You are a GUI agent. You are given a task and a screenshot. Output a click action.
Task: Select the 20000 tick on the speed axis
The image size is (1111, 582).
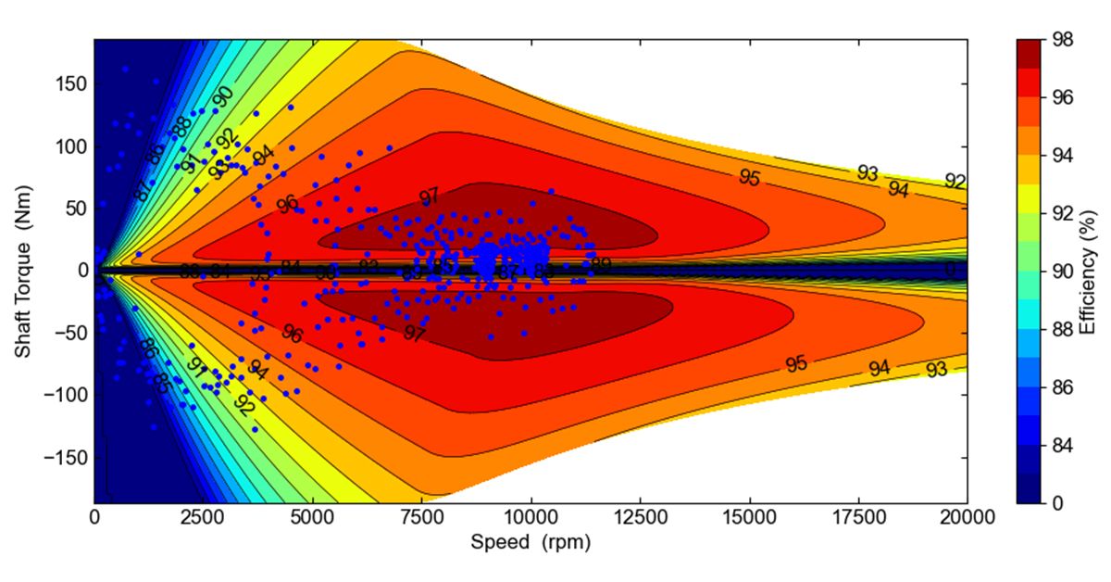pyautogui.click(x=967, y=518)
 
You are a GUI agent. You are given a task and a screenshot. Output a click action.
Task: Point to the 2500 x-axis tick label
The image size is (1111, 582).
pyautogui.click(x=203, y=518)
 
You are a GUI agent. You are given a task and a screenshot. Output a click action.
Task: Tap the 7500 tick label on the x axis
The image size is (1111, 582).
pyautogui.click(x=421, y=518)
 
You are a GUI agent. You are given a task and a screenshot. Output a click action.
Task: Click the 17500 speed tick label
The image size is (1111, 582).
pyautogui.click(x=858, y=518)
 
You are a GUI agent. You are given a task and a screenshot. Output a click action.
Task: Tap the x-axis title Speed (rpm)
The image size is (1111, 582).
pyautogui.click(x=531, y=541)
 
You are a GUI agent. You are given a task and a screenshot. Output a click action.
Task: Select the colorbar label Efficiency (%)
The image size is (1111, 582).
pyautogui.click(x=1089, y=271)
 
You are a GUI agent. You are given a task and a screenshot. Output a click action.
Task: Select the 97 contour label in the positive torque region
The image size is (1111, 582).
pyautogui.click(x=429, y=197)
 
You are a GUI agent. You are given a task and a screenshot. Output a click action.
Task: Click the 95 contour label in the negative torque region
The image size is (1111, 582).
pyautogui.click(x=796, y=364)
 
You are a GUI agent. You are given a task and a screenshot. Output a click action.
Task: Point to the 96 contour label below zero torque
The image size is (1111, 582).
pyautogui.click(x=293, y=335)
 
